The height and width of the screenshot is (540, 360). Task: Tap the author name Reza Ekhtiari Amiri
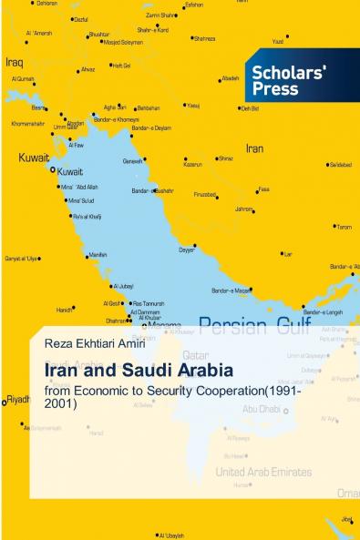[90, 343]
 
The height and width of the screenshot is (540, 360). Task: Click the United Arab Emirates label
[262, 472]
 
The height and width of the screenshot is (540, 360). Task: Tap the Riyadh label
[18, 399]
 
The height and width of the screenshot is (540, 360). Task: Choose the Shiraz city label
[224, 158]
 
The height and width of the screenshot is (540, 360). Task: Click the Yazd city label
[279, 41]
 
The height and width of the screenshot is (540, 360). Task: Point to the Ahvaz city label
[87, 69]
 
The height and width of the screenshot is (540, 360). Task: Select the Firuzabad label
[204, 194]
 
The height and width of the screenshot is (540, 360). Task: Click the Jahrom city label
[243, 209]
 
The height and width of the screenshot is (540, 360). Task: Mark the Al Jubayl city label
[123, 285]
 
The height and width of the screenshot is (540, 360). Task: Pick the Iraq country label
[14, 63]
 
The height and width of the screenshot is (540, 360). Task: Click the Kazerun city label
[192, 164]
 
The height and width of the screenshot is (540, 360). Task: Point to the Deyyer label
[186, 249]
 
